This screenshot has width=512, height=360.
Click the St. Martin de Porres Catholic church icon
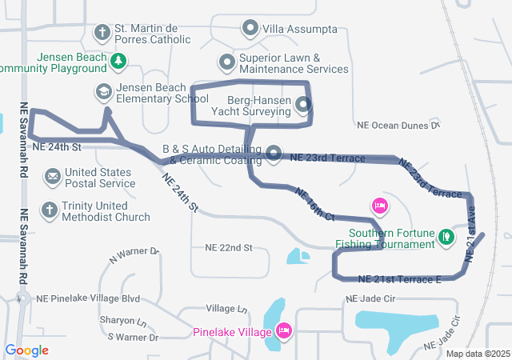click(x=102, y=33)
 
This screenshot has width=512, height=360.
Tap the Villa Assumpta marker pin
click(x=250, y=30)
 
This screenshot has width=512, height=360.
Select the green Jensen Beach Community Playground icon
click(x=118, y=60)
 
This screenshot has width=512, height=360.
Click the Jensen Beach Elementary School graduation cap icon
click(x=102, y=92)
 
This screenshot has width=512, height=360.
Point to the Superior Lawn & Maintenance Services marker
click(x=227, y=62)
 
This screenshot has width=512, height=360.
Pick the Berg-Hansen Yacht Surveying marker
click(x=303, y=105)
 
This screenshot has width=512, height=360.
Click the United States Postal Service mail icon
click(x=52, y=176)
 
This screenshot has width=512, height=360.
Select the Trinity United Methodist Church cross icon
click(x=50, y=210)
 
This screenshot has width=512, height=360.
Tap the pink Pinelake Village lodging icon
click(x=283, y=330)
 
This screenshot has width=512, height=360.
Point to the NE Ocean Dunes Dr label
click(x=398, y=126)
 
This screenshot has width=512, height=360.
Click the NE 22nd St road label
click(x=228, y=248)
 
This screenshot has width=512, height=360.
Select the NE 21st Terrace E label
click(x=400, y=279)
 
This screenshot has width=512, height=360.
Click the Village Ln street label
click(x=226, y=308)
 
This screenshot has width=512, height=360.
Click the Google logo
click(x=26, y=350)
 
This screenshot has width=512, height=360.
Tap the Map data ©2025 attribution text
click(x=477, y=354)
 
